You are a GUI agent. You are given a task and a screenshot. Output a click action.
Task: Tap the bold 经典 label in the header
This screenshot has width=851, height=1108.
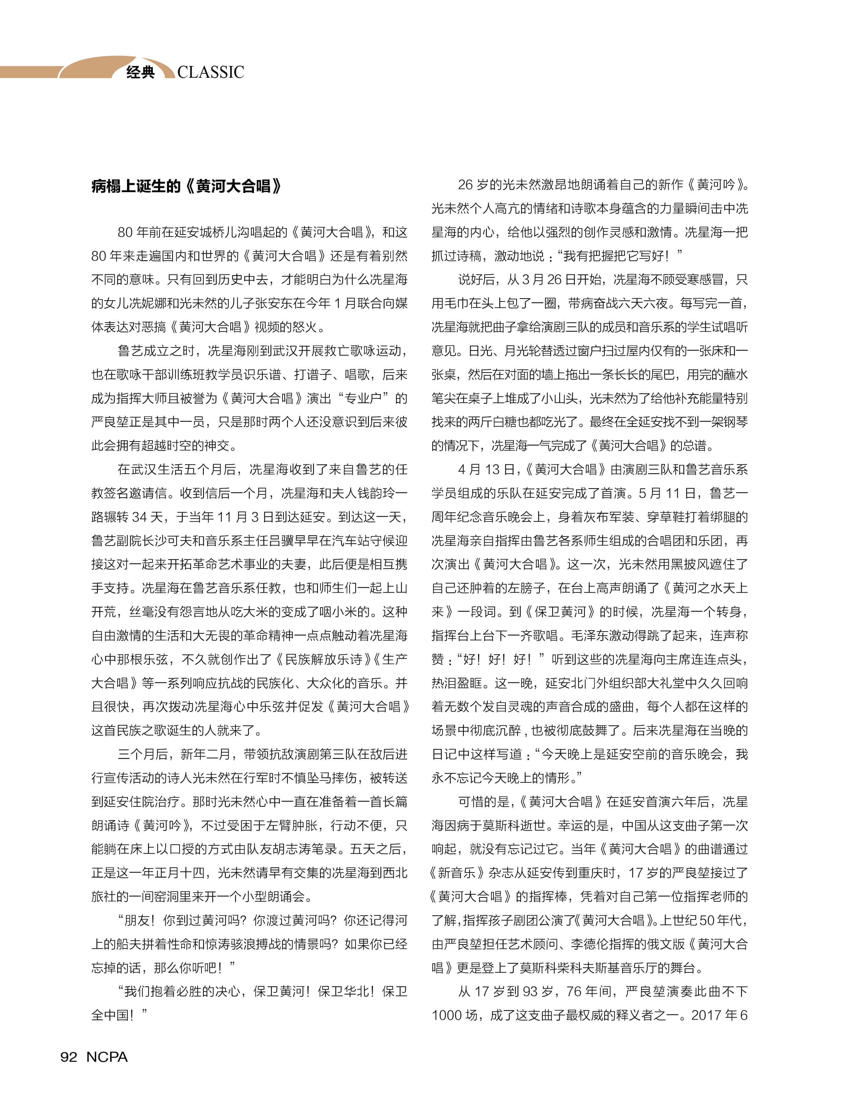pos(140,72)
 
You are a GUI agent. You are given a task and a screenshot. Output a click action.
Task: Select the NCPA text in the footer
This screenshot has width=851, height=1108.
pos(107,1057)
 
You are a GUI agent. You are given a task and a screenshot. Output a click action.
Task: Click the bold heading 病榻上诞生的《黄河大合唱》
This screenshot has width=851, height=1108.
pos(186,186)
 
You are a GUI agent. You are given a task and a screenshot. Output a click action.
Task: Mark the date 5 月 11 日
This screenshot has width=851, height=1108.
pos(666,493)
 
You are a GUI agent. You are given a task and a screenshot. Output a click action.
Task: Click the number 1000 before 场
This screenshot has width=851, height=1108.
pos(446,1015)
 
